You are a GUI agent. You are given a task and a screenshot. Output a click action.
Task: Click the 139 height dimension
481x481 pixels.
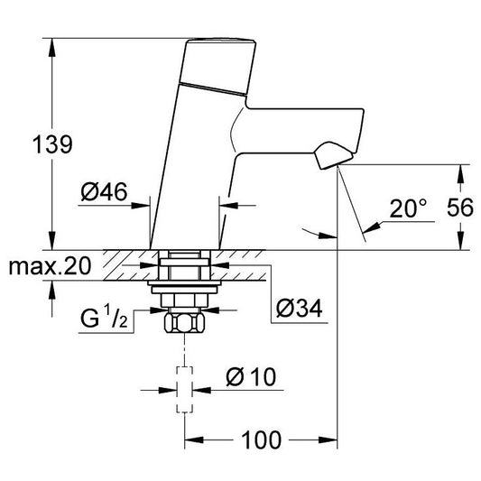(52, 144)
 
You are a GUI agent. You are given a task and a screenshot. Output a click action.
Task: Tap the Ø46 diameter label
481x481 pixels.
(104, 191)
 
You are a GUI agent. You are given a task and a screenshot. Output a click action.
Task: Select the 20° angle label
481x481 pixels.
(408, 208)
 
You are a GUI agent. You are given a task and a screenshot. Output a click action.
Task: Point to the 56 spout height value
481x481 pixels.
(460, 208)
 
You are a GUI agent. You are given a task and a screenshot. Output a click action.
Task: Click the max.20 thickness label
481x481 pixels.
(50, 266)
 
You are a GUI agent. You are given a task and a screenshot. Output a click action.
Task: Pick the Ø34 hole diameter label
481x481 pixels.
(299, 309)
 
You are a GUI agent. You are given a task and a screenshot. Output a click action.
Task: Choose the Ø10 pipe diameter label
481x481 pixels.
(251, 376)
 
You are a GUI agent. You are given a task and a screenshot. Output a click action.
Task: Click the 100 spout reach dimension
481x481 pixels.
(261, 439)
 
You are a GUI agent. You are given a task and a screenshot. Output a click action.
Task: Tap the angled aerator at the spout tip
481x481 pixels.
(333, 155)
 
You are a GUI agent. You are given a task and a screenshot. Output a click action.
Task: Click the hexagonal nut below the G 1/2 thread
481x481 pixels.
(184, 322)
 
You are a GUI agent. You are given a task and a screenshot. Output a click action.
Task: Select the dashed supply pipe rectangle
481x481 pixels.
(185, 390)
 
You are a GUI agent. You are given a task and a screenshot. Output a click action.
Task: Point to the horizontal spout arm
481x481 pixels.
(299, 130)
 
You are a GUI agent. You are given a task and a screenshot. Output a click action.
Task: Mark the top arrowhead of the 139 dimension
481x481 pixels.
(52, 47)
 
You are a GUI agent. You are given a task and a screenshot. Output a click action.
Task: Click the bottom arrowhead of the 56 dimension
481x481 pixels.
(460, 241)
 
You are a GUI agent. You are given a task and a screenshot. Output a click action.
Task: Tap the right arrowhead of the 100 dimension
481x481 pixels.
(328, 439)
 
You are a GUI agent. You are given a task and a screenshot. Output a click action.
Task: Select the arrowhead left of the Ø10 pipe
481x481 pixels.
(168, 391)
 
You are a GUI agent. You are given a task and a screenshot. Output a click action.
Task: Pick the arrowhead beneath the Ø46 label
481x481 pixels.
(141, 205)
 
